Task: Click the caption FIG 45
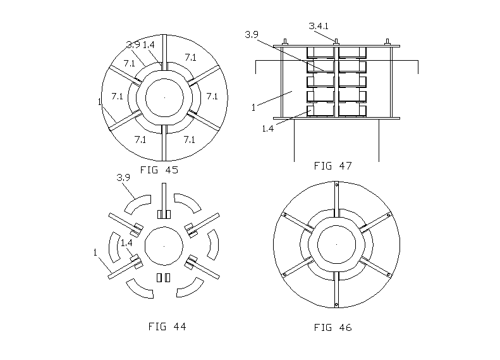point(159,170)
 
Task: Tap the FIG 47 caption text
point(332,166)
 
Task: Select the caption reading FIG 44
point(167,326)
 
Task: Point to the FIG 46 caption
point(332,327)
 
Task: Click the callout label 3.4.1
point(319,26)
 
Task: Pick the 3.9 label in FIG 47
point(252,34)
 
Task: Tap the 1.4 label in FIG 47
point(268,128)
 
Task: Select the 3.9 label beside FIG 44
point(123,177)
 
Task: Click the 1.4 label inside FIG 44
point(126,243)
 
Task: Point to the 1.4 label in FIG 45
point(149,45)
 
